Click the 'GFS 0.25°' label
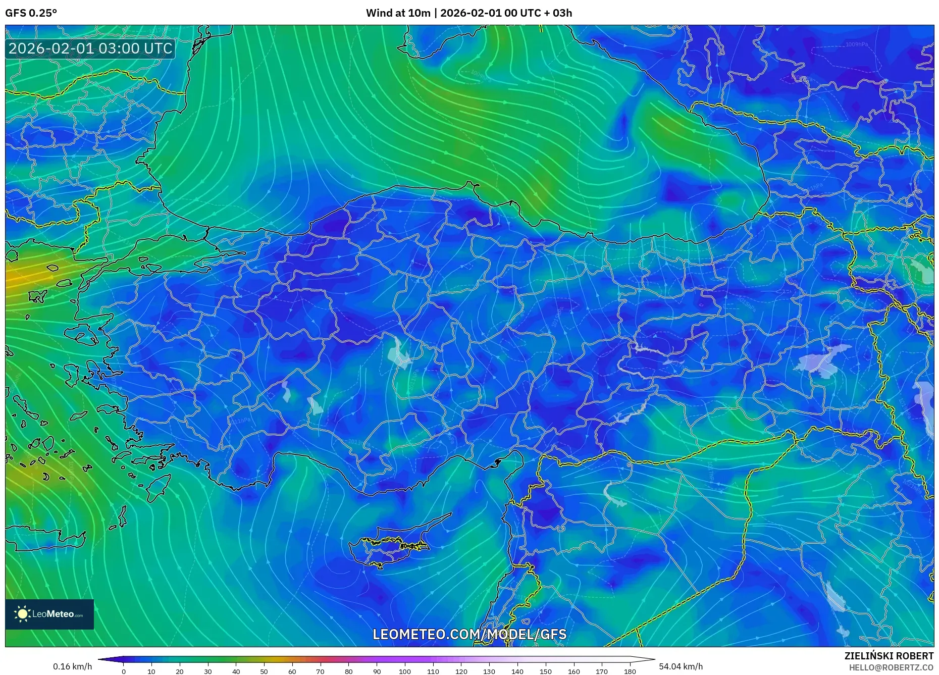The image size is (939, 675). (x=31, y=13)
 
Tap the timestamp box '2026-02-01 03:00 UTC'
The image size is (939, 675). (x=90, y=48)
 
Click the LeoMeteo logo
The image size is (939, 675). (x=49, y=614)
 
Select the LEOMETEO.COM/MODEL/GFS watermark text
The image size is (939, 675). (x=470, y=634)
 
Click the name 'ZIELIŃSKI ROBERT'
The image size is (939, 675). (x=889, y=656)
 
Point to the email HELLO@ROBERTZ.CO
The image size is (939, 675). (x=891, y=667)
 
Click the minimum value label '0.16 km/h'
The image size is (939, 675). (x=73, y=666)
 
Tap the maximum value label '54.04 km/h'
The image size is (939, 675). (x=681, y=666)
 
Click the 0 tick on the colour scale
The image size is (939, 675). (x=123, y=671)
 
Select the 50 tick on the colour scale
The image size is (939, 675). (x=264, y=671)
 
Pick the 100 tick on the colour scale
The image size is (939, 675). (x=405, y=671)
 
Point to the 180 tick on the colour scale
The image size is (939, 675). (x=630, y=671)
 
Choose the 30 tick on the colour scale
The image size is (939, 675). (x=207, y=671)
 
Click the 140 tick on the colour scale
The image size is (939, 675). (x=517, y=671)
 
